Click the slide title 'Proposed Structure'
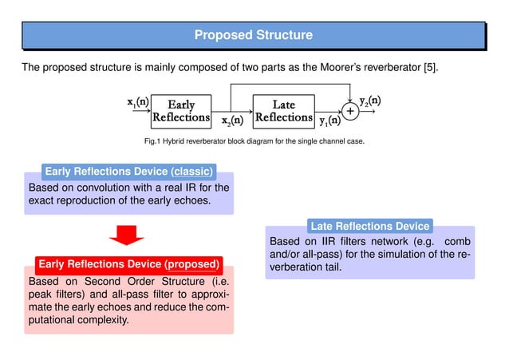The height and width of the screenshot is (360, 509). click(x=254, y=35)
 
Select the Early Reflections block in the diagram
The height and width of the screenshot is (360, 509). click(x=180, y=111)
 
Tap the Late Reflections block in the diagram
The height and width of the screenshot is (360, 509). click(x=283, y=111)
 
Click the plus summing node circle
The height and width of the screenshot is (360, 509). click(x=349, y=110)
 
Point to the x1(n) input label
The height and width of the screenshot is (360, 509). click(x=137, y=102)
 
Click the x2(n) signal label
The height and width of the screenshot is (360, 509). click(x=232, y=121)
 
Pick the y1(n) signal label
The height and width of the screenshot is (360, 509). click(x=329, y=121)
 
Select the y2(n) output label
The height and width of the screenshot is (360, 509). click(x=369, y=101)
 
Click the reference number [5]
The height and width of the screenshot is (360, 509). click(x=428, y=68)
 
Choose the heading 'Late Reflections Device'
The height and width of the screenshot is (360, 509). click(x=370, y=226)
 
